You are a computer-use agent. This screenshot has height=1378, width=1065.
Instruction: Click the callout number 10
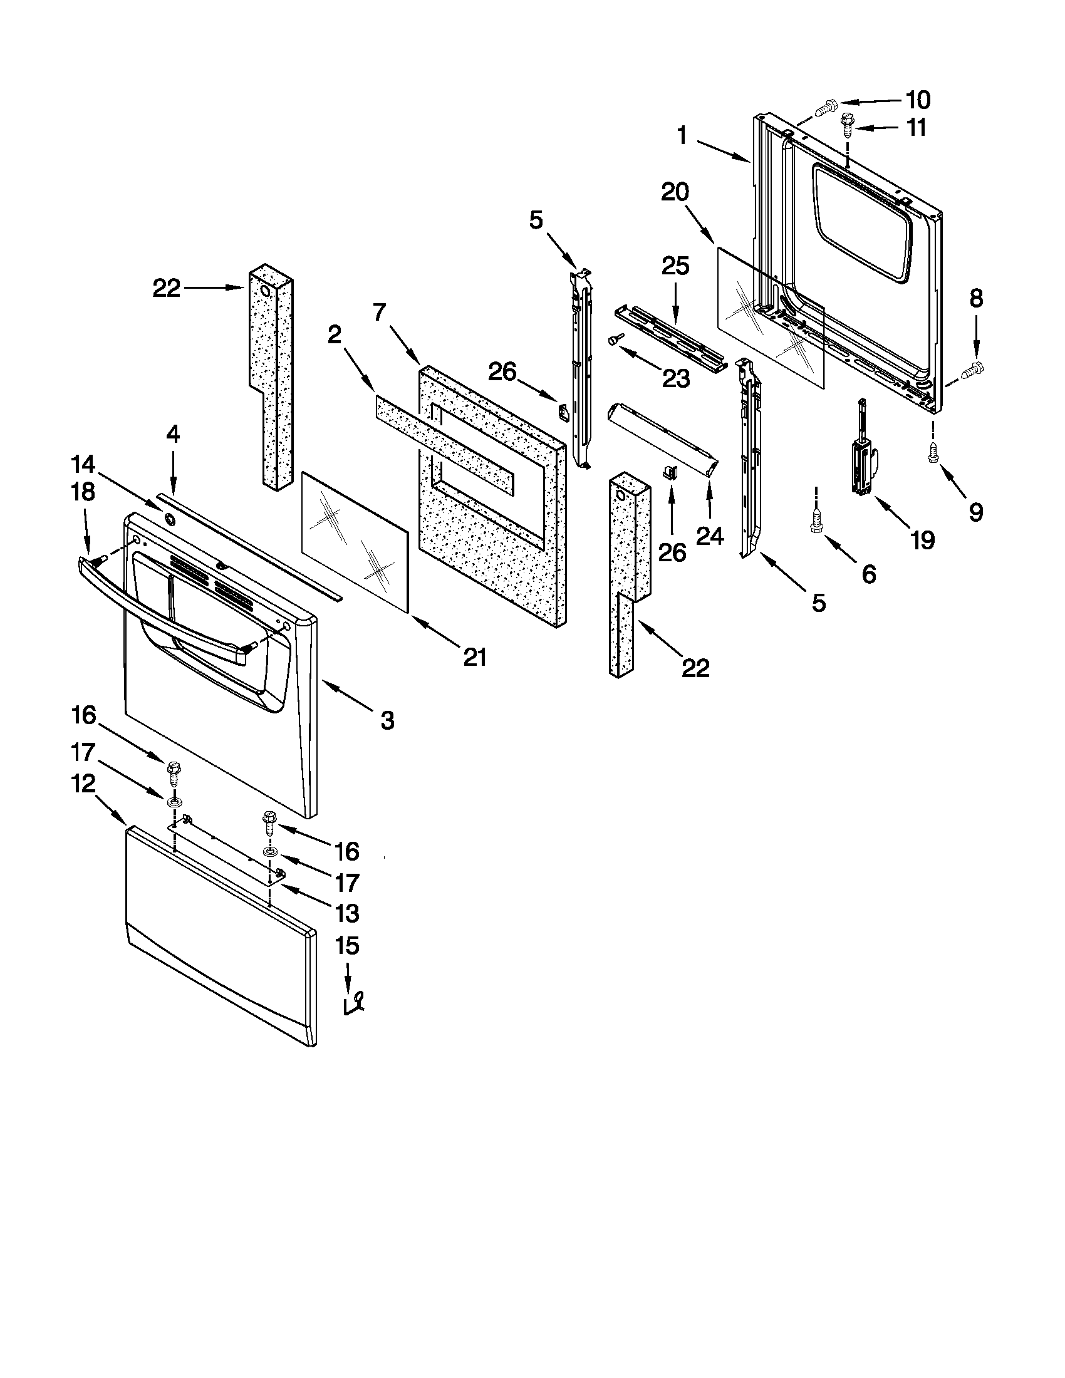pyautogui.click(x=918, y=100)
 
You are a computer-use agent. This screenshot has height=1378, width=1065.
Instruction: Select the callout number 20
pyautogui.click(x=675, y=192)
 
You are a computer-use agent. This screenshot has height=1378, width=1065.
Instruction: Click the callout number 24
pyautogui.click(x=710, y=536)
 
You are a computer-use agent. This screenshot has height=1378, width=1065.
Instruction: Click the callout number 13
pyautogui.click(x=347, y=913)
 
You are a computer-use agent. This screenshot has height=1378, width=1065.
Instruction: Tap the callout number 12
pyautogui.click(x=83, y=784)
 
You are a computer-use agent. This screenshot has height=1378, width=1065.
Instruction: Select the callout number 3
pyautogui.click(x=387, y=720)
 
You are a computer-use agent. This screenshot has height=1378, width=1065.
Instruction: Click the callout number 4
pyautogui.click(x=172, y=434)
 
